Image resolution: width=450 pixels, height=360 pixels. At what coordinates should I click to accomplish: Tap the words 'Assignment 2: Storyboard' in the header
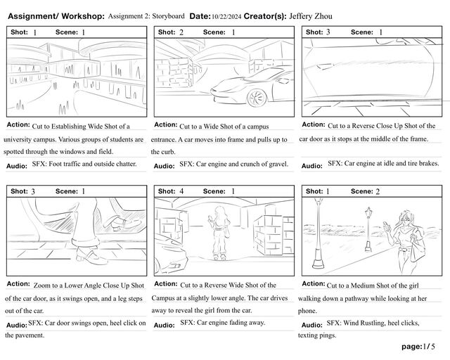point(147,15)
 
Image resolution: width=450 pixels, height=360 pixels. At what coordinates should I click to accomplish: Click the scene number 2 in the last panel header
point(378,191)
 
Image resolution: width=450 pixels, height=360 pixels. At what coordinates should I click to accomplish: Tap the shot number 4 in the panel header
point(181,191)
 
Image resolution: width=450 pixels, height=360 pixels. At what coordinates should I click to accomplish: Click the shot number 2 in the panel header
point(181,32)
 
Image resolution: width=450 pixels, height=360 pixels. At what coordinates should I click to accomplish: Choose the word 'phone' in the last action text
point(308,310)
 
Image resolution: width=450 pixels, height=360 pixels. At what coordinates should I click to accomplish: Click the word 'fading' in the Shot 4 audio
point(237,323)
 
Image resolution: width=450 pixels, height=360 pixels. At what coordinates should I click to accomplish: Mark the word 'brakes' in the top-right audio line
point(427,164)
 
